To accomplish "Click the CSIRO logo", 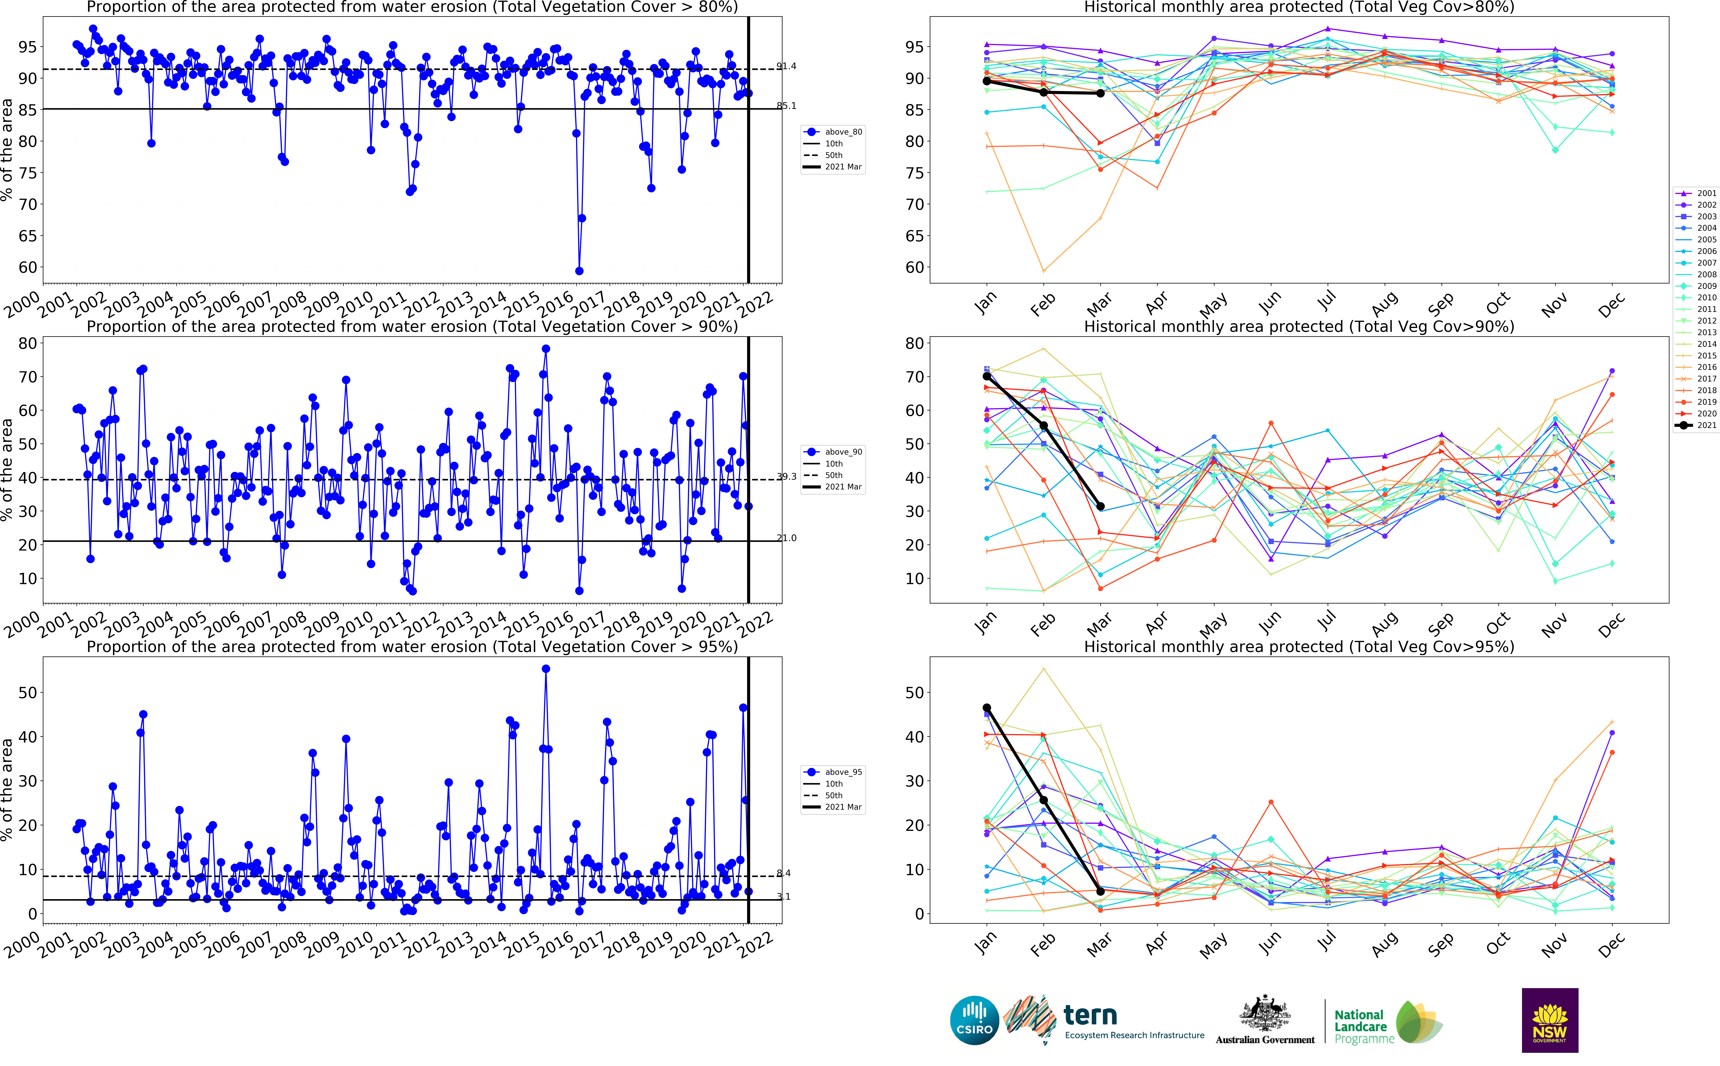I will [x=974, y=1020].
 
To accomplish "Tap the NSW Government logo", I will [x=1549, y=1020].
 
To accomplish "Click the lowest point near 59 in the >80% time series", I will [x=579, y=271].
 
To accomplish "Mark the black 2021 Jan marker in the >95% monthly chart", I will [x=987, y=708].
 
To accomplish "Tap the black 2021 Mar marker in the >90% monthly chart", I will [x=1100, y=506].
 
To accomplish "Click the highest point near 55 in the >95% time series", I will [x=546, y=669].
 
